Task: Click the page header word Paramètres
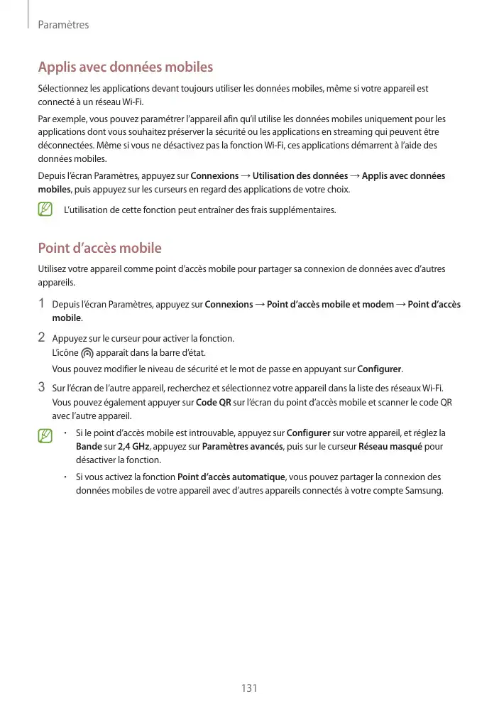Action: click(x=63, y=25)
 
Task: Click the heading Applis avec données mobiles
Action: click(x=125, y=67)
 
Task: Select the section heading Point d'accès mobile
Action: click(x=99, y=248)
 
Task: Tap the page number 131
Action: click(x=248, y=688)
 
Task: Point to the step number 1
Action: click(x=42, y=304)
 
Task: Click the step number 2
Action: click(x=42, y=337)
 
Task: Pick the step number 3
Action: click(x=42, y=387)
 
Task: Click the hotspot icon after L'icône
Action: click(x=87, y=352)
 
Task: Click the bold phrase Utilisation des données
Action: click(x=300, y=175)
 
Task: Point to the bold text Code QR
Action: click(x=213, y=402)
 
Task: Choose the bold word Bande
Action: click(x=89, y=447)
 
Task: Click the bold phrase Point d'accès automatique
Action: click(x=231, y=477)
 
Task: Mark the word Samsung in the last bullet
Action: click(x=424, y=490)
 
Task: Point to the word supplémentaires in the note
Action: click(x=297, y=210)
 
